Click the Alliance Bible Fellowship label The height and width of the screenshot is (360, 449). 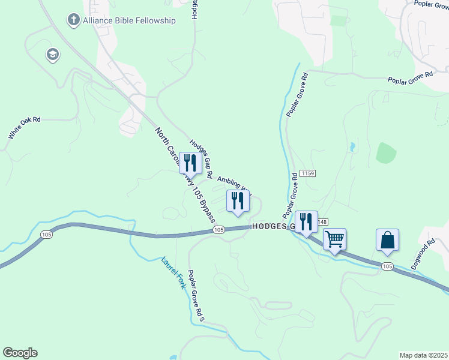130,20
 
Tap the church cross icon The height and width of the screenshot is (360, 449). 73,20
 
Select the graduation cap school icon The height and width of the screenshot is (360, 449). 52,55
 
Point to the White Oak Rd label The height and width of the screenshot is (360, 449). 25,128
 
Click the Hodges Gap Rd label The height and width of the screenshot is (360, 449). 202,160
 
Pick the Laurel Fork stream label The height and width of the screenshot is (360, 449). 174,273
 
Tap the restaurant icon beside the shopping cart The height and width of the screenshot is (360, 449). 307,222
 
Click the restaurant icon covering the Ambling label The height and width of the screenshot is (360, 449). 238,201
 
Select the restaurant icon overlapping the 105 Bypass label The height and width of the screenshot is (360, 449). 190,164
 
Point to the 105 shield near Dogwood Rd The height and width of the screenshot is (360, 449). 387,266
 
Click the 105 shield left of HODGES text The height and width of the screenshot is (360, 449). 218,230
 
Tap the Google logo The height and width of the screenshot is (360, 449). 20,353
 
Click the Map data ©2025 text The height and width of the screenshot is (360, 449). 423,355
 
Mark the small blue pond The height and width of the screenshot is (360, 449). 352,146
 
